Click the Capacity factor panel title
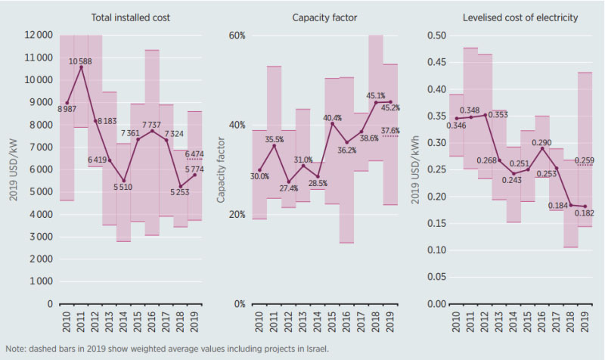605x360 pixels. (316, 17)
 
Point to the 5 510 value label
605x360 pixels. (122, 187)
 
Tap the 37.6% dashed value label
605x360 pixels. (391, 131)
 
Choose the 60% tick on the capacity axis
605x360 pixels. (238, 35)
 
